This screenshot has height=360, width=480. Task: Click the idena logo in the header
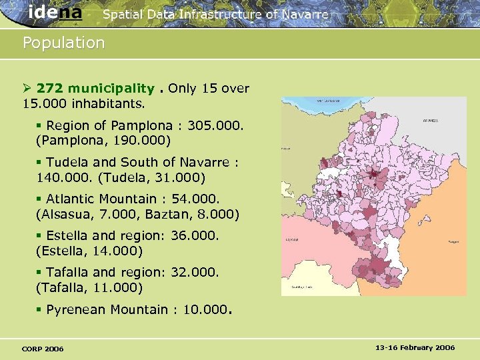tap(55, 13)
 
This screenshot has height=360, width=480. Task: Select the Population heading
tap(63, 43)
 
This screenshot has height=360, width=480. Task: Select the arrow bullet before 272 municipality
tap(27, 89)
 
